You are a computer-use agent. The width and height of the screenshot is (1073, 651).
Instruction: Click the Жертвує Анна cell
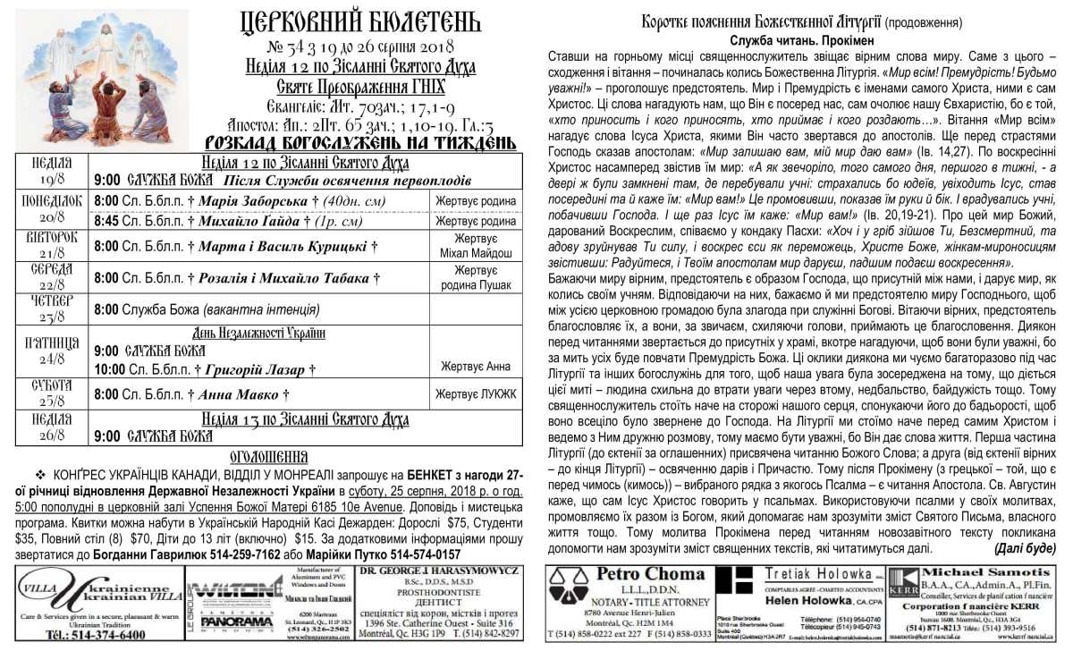click(x=475, y=366)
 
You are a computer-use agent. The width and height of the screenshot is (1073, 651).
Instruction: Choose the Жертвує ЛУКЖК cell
click(x=475, y=393)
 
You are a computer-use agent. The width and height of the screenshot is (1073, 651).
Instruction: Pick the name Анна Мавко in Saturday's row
click(x=236, y=393)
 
